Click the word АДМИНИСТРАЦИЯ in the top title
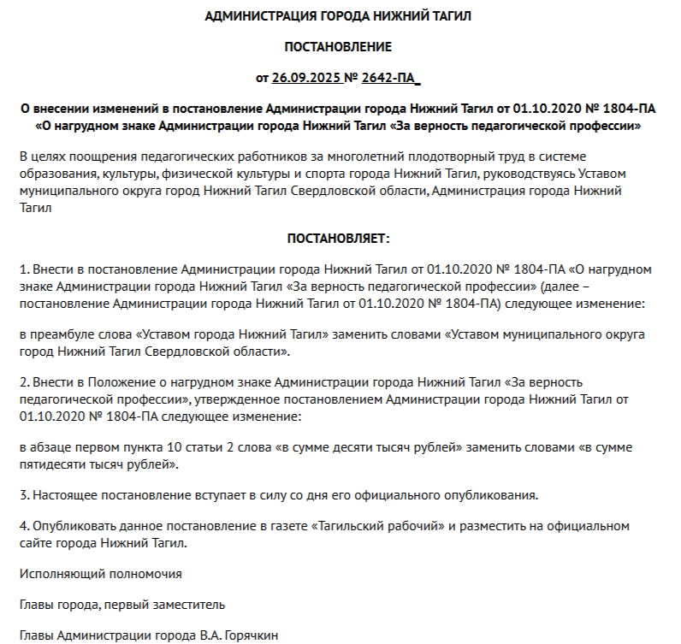[x=254, y=16]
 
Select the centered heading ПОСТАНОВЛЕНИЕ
[x=338, y=46]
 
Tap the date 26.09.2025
[x=306, y=78]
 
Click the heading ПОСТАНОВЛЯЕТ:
[x=338, y=237]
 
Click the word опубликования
[x=492, y=495]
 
